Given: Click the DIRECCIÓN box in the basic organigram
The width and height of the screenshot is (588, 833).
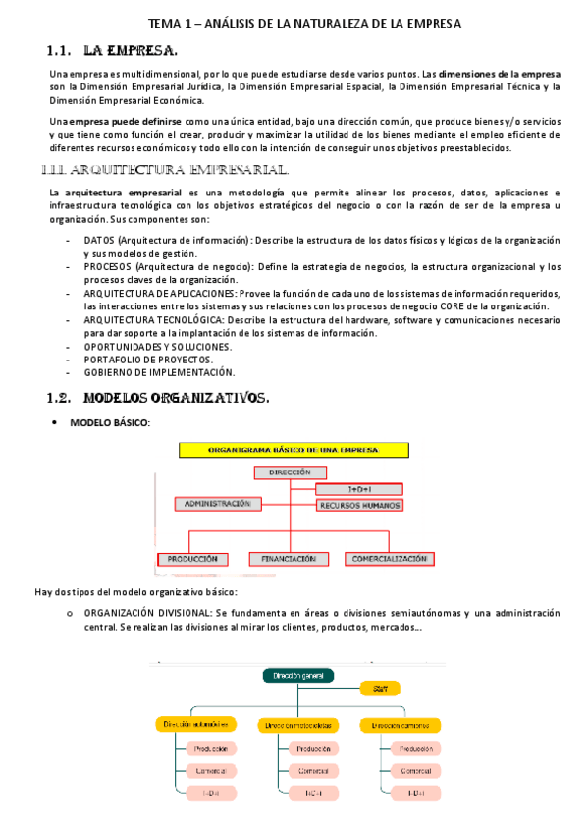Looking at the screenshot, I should (x=288, y=472).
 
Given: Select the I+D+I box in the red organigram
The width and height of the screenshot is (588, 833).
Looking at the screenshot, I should (x=357, y=488).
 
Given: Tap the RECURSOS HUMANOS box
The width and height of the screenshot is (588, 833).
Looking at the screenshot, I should (x=359, y=505).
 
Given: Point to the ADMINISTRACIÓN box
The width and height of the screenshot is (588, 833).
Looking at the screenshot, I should (x=219, y=504).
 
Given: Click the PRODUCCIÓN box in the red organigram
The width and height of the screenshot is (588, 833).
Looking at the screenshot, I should (x=193, y=559).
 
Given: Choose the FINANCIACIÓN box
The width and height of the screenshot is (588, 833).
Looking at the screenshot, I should (x=288, y=559).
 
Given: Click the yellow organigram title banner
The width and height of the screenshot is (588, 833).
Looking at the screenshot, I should (x=293, y=450).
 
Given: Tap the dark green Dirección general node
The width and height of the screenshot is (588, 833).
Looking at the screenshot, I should (x=297, y=676).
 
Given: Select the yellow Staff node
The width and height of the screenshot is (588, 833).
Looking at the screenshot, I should (x=380, y=688).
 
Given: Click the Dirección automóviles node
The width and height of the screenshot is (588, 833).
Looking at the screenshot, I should (x=196, y=725).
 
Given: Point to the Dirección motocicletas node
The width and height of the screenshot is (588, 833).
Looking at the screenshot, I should (x=298, y=725).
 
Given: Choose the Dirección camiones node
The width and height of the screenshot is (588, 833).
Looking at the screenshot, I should (x=400, y=725).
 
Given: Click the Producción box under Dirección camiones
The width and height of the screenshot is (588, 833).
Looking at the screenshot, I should (x=409, y=749).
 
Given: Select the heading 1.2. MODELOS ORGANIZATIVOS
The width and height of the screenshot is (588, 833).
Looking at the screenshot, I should (x=157, y=398).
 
